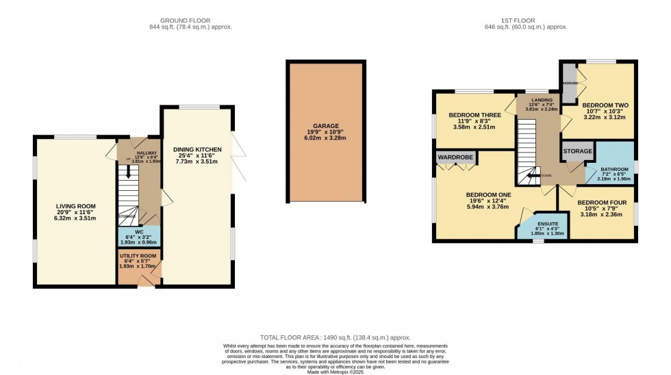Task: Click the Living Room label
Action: (75, 205)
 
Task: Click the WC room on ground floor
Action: (139, 235)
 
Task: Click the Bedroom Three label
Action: (474, 115)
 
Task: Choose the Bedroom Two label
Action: (605, 105)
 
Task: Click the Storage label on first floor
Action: (578, 151)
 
